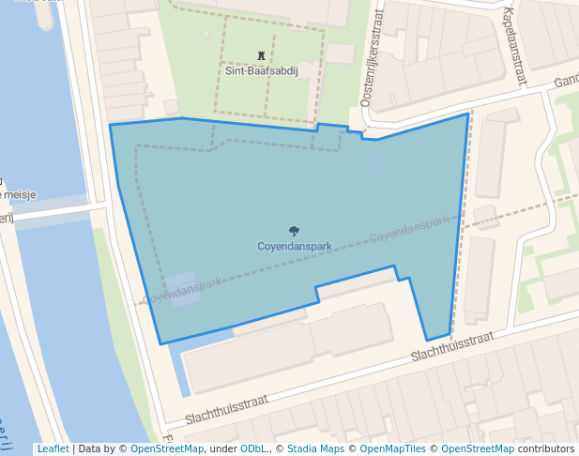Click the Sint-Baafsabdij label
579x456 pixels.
[x=261, y=70]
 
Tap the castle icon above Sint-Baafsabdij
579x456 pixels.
[x=261, y=56]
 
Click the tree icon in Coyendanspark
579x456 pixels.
[x=294, y=231]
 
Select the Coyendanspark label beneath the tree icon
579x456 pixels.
[x=294, y=247]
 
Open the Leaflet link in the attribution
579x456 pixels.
[x=53, y=448]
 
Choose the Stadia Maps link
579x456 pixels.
[x=315, y=448]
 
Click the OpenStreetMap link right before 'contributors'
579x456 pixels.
[x=478, y=448]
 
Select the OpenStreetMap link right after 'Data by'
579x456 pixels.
[x=167, y=448]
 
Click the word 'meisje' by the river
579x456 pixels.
[x=20, y=195]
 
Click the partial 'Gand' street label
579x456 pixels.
[x=566, y=82]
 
